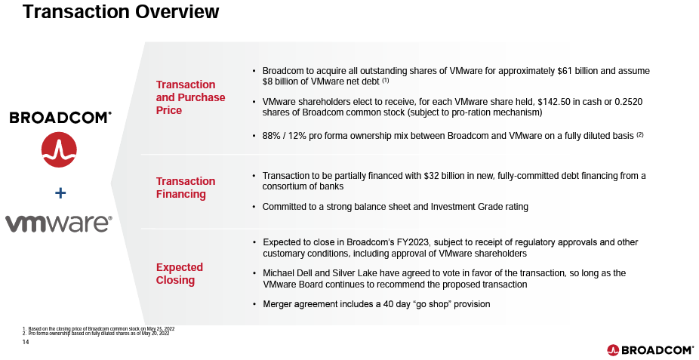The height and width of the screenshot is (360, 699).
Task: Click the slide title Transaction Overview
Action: [121, 12]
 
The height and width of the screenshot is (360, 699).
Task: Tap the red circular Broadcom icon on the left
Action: [60, 149]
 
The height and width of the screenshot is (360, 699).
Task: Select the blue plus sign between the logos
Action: [60, 194]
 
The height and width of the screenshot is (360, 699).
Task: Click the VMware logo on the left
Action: [59, 223]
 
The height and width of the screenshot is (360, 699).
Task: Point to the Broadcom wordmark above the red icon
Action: [60, 118]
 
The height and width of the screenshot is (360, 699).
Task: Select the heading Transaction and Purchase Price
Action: [190, 97]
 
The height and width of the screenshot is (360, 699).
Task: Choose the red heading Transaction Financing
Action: [186, 187]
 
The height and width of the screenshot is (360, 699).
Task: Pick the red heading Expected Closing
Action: [180, 273]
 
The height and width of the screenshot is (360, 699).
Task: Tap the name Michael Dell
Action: [290, 272]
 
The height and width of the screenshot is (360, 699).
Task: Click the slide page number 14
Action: [26, 342]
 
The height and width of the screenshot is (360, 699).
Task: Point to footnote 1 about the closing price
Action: [98, 328]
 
